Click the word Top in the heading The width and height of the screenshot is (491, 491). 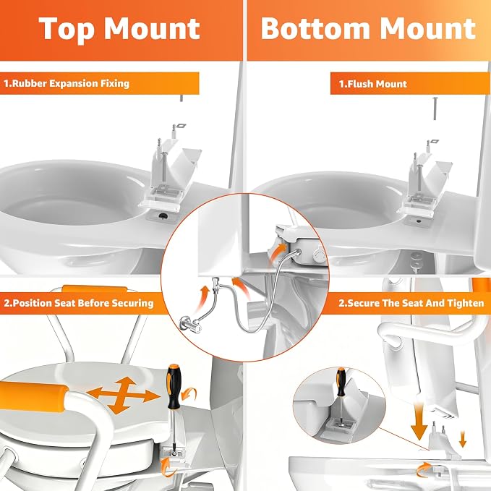tap(67, 29)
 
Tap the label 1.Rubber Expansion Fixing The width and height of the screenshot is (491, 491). tap(67, 84)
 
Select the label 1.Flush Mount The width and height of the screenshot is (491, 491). tap(373, 84)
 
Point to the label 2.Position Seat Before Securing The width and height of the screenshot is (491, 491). tap(79, 303)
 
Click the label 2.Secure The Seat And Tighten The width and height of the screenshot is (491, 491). tap(411, 303)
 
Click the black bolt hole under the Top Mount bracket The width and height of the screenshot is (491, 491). tap(163, 215)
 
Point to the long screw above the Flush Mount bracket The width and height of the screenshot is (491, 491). tap(435, 108)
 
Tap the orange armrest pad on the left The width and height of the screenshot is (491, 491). tap(34, 394)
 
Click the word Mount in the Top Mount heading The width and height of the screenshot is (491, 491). tap(152, 28)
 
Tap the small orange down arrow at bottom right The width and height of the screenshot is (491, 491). tap(462, 439)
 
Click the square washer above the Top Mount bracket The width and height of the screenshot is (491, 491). tap(181, 127)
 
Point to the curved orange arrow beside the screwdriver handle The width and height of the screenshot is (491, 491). tap(189, 393)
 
